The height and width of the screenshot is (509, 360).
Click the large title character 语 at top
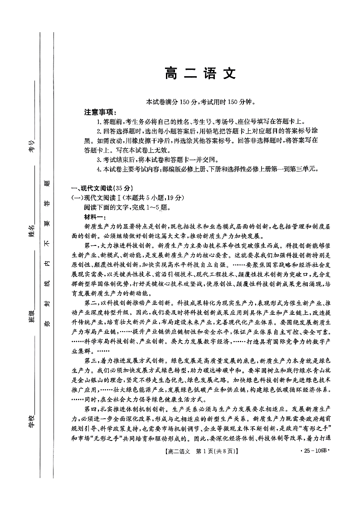pyautogui.click(x=202, y=73)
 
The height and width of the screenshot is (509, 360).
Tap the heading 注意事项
pyautogui.click(x=100, y=112)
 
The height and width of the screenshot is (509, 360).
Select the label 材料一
pyautogui.click(x=94, y=217)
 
